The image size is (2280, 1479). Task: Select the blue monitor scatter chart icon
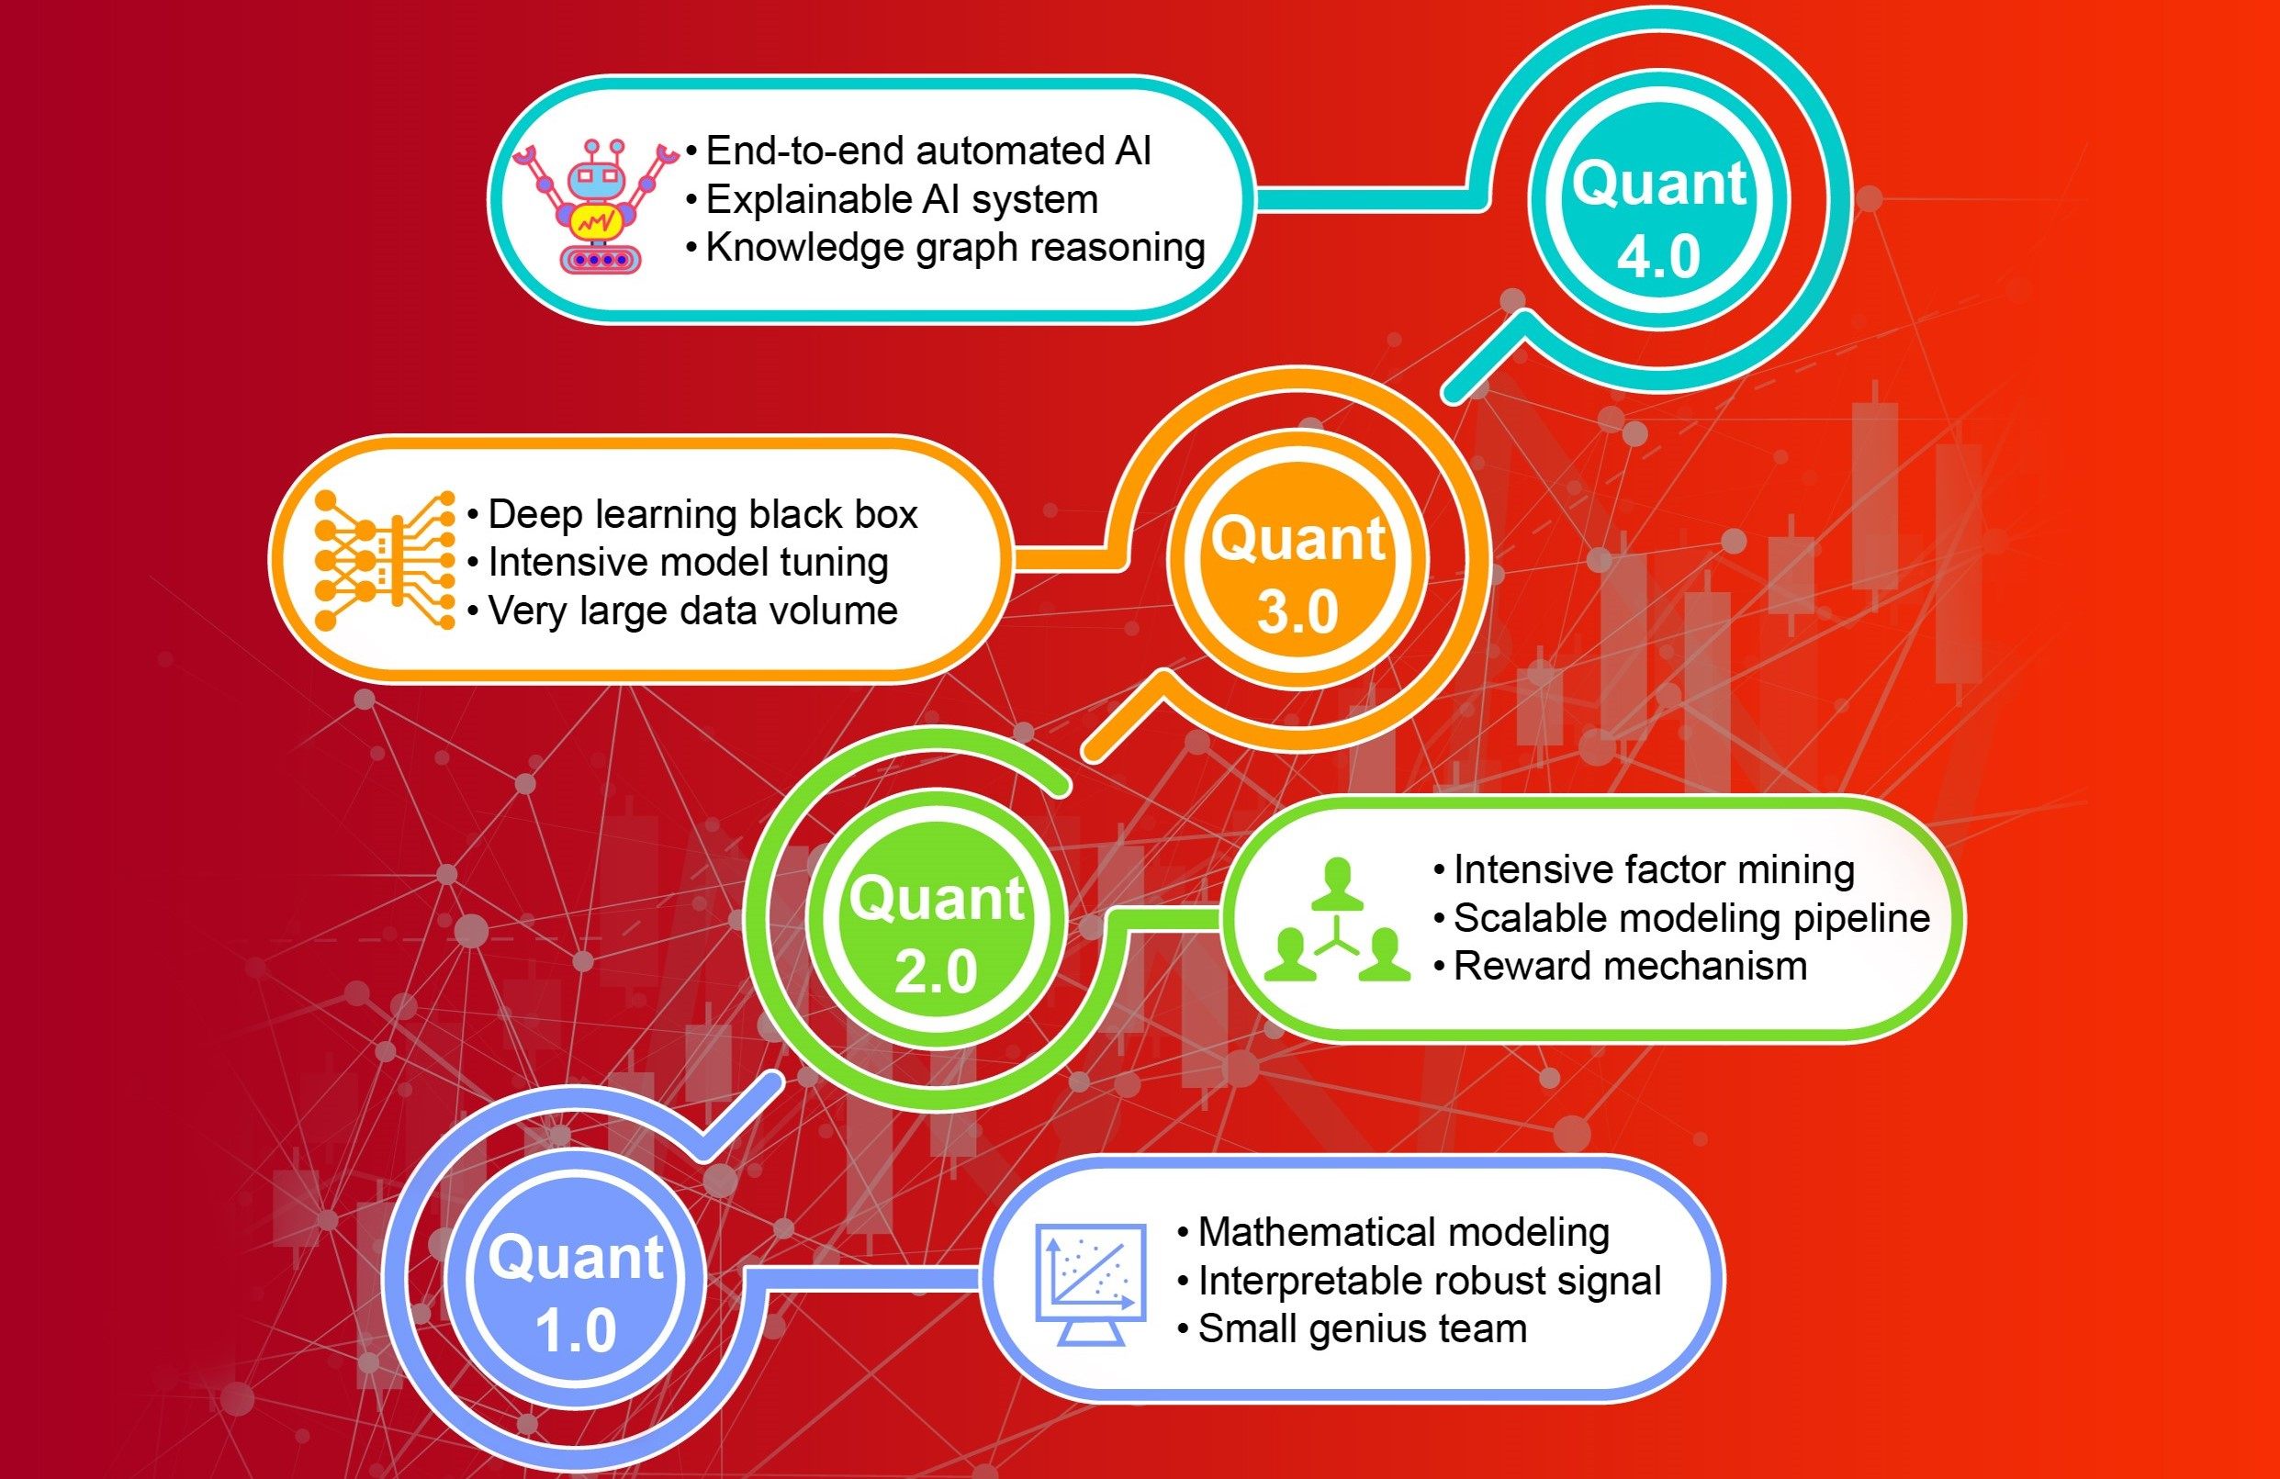pos(1092,1284)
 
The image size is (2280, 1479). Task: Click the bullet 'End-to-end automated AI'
pos(919,151)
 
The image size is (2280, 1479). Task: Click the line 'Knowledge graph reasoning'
pos(946,247)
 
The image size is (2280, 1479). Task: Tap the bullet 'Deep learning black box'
pos(692,514)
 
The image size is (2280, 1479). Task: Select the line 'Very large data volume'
pos(683,611)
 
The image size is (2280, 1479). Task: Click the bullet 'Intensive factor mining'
pos(1644,869)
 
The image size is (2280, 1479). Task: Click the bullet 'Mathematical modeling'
pos(1393,1232)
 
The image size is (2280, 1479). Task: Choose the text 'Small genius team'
pos(1352,1328)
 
